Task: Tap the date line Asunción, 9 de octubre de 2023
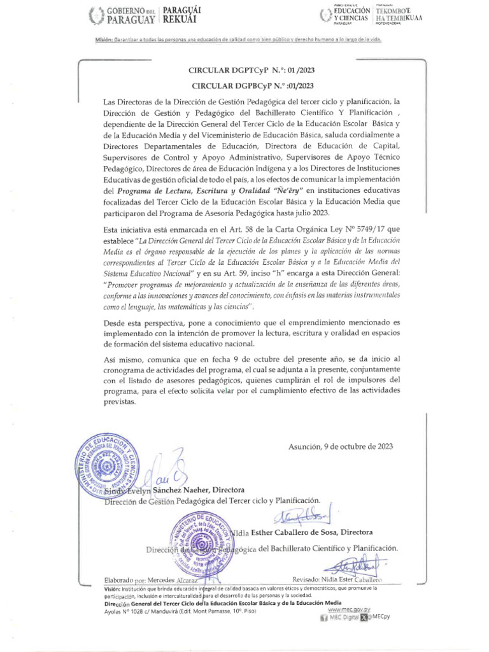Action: pyautogui.click(x=340, y=446)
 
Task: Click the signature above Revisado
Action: pyautogui.click(x=353, y=566)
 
